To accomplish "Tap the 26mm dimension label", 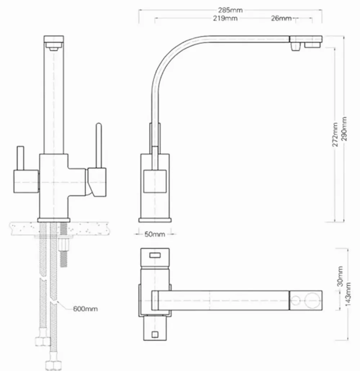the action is pos(281,18).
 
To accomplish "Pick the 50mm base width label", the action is pos(154,234).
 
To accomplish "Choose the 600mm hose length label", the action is pos(85,309).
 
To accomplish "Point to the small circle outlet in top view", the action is pos(297,300).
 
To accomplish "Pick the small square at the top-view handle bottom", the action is pos(155,334).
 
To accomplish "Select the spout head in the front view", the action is pos(54,42).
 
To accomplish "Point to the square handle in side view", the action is pos(154,181).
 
